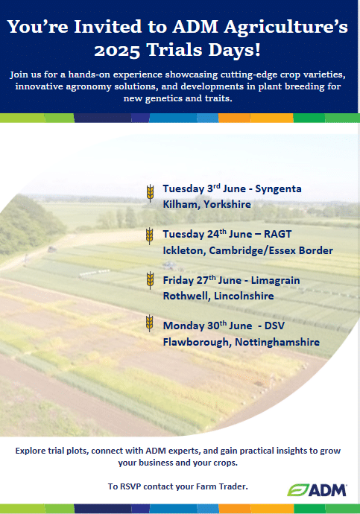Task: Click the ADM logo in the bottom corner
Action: [317, 490]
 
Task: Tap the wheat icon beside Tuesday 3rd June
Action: [150, 193]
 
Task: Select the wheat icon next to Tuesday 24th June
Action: [150, 236]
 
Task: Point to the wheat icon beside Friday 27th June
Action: [150, 280]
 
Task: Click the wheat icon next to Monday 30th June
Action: [150, 323]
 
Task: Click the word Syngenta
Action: [278, 189]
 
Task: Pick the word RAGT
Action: [278, 234]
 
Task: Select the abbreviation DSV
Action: [274, 326]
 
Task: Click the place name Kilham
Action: [181, 204]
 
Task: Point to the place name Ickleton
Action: [184, 250]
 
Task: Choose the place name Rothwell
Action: [186, 296]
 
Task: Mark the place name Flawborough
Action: [198, 342]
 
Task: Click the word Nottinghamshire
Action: [277, 342]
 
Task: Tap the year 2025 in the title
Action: [117, 51]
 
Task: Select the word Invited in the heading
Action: [108, 27]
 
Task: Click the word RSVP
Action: [130, 486]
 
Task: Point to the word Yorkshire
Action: [227, 204]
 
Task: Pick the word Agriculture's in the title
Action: [286, 28]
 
